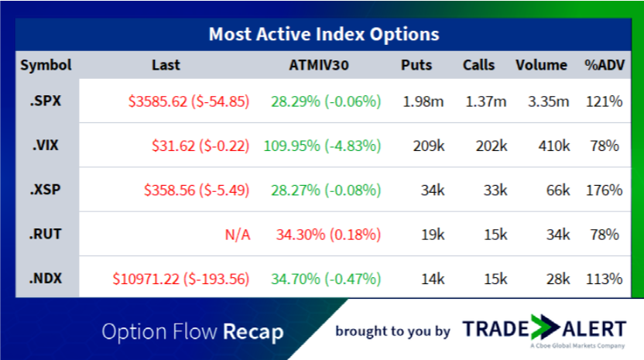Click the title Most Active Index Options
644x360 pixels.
click(x=323, y=35)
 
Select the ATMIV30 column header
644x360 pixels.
click(x=317, y=65)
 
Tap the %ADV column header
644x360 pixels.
click(x=604, y=65)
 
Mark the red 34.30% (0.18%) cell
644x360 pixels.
click(x=326, y=234)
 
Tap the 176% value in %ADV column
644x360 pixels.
click(x=605, y=190)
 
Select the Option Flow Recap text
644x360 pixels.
click(x=192, y=332)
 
